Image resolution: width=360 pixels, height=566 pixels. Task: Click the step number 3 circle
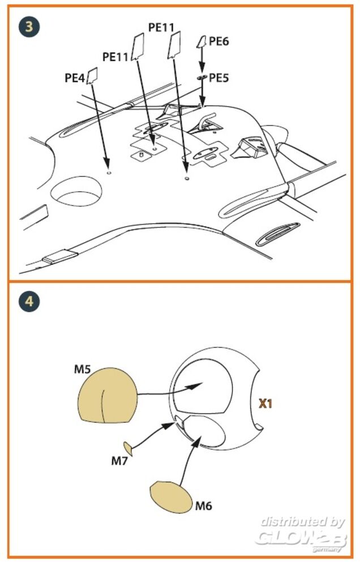click(29, 27)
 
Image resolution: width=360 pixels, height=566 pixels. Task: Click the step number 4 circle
click(29, 302)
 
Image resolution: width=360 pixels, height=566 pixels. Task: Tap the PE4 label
click(75, 78)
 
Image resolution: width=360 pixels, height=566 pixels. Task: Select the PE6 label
click(219, 41)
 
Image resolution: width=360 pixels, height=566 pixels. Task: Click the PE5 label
click(219, 78)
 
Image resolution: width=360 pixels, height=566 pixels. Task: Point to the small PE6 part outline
click(202, 41)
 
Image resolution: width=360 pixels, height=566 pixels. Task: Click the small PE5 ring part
click(202, 77)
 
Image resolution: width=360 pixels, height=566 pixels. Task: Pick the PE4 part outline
click(92, 75)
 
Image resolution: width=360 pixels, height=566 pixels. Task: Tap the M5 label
click(83, 369)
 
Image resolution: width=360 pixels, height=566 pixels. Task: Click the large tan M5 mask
click(107, 396)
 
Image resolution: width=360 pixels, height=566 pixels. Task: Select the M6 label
click(204, 505)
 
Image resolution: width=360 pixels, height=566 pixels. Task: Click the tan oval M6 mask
click(172, 497)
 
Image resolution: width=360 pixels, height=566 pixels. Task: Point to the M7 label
click(119, 461)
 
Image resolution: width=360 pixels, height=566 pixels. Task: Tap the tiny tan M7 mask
click(127, 448)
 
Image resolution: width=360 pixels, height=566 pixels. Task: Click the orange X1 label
click(265, 404)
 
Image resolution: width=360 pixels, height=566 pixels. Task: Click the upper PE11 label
click(161, 27)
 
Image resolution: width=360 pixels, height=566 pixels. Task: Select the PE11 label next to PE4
click(115, 57)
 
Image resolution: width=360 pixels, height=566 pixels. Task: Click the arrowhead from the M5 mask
click(195, 386)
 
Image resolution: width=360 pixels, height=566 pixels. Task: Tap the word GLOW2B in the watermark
click(301, 538)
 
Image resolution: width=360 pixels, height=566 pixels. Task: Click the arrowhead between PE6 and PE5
click(202, 68)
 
